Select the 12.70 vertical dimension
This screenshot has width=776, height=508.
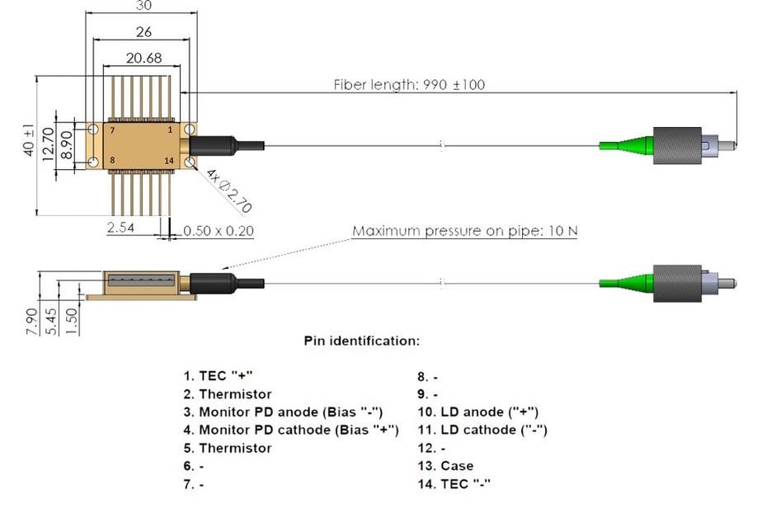(48, 141)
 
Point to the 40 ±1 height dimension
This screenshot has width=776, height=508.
(30, 141)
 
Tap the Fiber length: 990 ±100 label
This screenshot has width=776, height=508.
(415, 84)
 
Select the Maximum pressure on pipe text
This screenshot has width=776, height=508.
(465, 231)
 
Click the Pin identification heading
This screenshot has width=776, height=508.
(361, 341)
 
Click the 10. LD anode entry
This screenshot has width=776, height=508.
(477, 412)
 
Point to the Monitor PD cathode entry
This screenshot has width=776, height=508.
(290, 430)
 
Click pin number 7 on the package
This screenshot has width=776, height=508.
(112, 131)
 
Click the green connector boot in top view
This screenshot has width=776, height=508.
(627, 145)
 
